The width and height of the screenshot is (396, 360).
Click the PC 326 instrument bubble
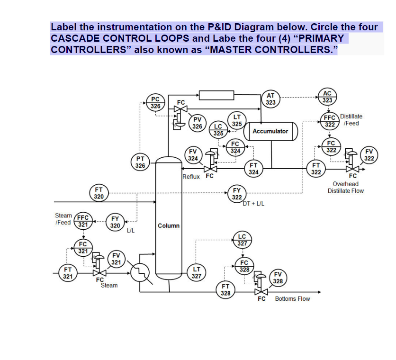pos(155,103)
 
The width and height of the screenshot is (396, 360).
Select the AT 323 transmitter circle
pos(270,99)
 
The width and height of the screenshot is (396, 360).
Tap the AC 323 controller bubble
pos(327,97)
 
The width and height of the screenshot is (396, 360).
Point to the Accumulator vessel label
pos(270,131)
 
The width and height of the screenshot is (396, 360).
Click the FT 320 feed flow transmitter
pos(99,193)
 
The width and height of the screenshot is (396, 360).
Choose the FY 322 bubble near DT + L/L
pos(237,194)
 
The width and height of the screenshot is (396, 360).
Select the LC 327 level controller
pos(242,240)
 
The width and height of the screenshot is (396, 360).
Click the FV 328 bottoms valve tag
pos(278,278)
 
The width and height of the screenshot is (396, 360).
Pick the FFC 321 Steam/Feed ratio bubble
pos(83,221)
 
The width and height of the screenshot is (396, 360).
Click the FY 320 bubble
pos(115,222)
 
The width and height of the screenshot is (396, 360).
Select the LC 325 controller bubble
pos(218,130)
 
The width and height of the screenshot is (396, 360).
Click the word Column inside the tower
pos(169,225)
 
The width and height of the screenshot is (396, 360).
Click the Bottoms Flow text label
pos(292,299)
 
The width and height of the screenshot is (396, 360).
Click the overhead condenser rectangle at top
pos(216,95)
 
